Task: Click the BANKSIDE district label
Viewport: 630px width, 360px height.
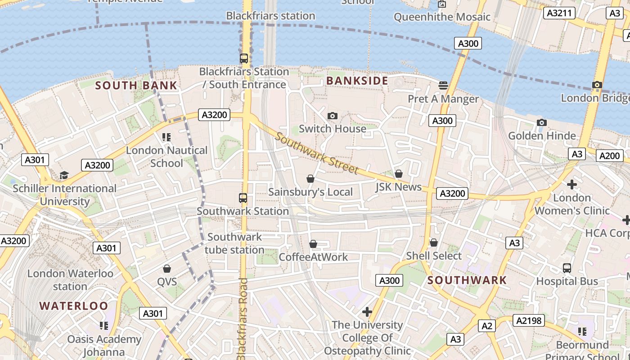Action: [357, 81]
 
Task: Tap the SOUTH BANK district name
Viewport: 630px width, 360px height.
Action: [136, 85]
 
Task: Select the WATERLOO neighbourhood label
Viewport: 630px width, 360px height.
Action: [73, 306]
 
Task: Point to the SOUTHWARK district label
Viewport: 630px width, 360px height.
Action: [467, 280]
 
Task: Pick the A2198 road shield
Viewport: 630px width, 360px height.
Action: [530, 320]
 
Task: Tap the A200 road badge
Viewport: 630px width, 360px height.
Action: [610, 156]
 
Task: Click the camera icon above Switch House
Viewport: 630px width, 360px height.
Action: [333, 116]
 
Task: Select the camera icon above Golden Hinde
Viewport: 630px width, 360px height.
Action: [542, 123]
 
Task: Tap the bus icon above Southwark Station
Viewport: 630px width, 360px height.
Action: [243, 198]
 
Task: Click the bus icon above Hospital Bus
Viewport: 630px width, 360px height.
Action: [567, 268]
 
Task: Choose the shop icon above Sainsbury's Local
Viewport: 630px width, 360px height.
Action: [310, 179]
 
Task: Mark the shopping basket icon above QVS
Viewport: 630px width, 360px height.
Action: [167, 269]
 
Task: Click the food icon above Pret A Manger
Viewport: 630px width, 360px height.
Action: [443, 85]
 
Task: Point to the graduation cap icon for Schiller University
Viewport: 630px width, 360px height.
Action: [64, 175]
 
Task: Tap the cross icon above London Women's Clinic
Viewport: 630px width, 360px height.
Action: [572, 184]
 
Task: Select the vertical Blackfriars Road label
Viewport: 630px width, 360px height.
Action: [243, 319]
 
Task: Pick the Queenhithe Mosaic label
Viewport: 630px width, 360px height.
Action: [442, 17]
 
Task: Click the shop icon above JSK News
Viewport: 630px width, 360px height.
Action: [398, 174]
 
